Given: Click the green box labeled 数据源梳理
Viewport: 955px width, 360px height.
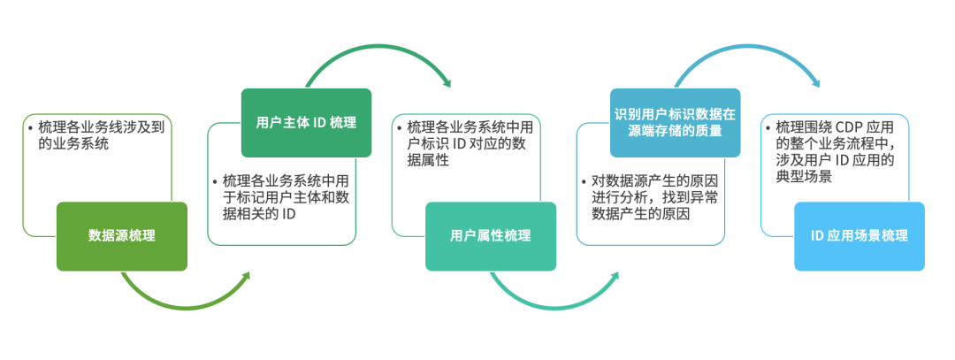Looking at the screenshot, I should click(122, 236).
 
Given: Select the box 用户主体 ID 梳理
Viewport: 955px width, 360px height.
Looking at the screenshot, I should click(306, 123).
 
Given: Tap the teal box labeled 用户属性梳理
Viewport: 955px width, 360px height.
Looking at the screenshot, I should click(491, 236).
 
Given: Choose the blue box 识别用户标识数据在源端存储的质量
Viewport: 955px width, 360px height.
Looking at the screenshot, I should click(676, 123).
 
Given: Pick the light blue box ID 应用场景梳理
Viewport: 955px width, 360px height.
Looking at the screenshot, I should click(859, 236).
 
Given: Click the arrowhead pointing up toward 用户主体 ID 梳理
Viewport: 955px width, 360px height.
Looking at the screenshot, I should click(245, 276).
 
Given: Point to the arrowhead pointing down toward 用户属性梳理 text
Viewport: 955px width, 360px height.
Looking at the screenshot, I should click(446, 83).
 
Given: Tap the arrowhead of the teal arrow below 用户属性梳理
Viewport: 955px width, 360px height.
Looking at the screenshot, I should click(614, 276).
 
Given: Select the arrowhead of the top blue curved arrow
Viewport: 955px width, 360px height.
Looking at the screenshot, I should click(814, 83).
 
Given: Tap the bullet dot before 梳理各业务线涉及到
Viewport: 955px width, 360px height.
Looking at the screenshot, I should click(30, 127).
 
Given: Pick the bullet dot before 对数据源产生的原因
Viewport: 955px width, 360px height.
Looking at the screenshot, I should click(584, 181).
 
